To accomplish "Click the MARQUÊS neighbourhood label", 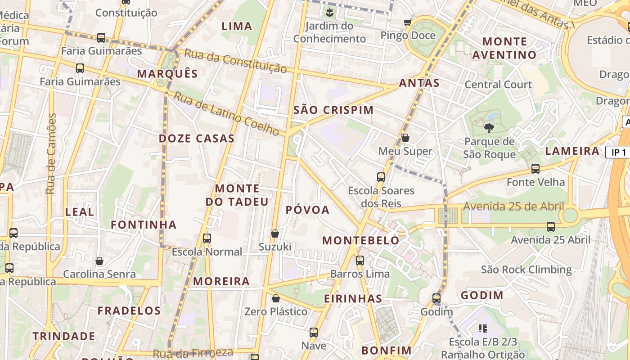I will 167,74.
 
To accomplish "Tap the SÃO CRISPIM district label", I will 333,110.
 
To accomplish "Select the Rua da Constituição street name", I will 235,61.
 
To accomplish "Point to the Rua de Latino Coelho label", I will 227,114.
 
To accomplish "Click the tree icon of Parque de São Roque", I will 489,128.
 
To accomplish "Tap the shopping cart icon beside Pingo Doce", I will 408,22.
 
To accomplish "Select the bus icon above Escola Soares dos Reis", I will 381,177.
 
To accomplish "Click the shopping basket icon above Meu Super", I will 405,138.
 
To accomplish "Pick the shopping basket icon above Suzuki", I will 275,234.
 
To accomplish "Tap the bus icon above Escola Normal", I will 207,238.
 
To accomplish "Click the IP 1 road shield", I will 618,152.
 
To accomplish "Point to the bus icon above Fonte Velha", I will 535,169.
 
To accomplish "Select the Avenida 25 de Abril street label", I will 513,207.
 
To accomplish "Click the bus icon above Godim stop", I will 436,298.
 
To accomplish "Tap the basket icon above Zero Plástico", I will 276,298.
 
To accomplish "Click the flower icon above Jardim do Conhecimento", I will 330,12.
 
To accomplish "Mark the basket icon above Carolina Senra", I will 99,261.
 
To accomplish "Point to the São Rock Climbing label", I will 526,270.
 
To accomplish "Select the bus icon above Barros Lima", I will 360,260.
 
